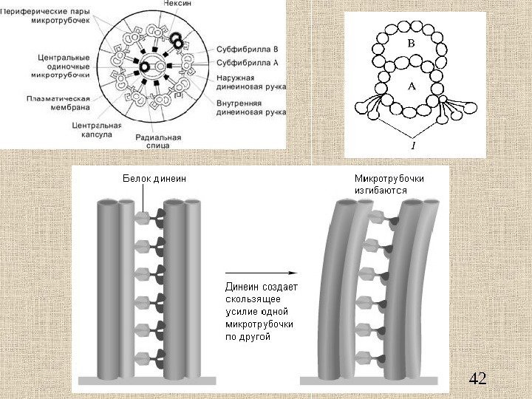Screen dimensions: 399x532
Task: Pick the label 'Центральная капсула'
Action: coord(91,130)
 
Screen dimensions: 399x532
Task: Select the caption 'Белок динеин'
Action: coord(152,178)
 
